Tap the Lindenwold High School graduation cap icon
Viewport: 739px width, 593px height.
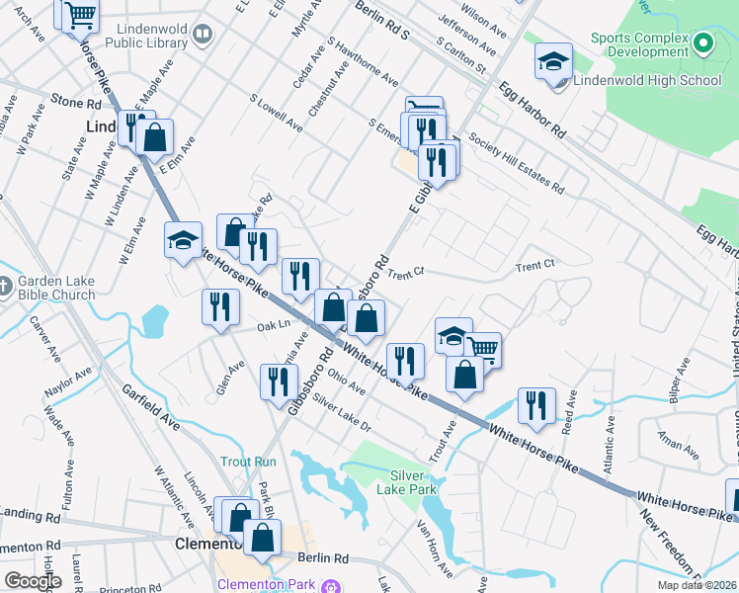(x=553, y=61)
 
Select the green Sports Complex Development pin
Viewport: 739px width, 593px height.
(x=702, y=43)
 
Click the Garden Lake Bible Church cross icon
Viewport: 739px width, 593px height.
(x=5, y=288)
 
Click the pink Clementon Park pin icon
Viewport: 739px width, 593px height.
(x=337, y=585)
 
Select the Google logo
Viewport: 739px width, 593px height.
(x=33, y=581)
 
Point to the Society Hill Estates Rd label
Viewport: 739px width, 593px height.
(x=517, y=164)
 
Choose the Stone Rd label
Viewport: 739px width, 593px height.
(x=76, y=102)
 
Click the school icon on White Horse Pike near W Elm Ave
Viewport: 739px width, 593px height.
(x=183, y=240)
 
